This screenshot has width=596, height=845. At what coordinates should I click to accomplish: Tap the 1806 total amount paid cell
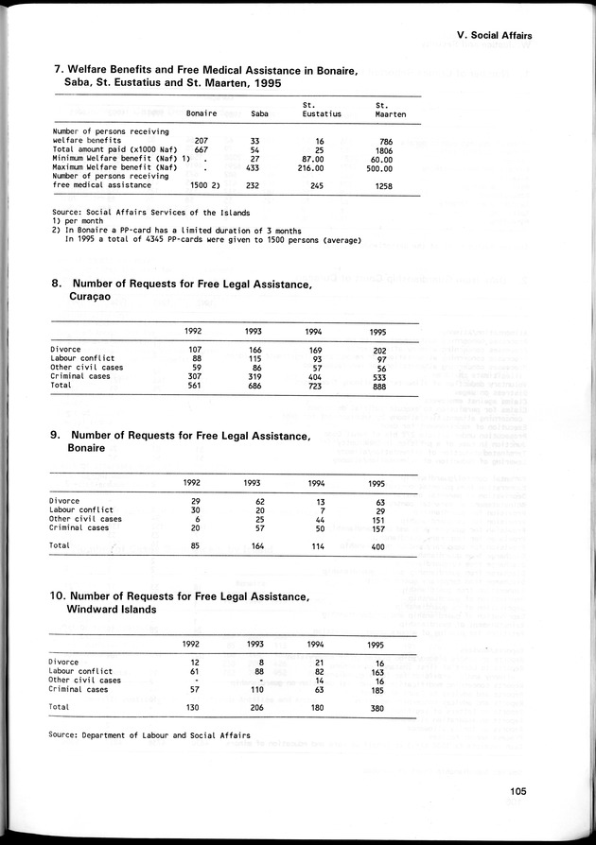coord(383,149)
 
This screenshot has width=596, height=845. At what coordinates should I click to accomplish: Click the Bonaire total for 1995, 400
coord(377,545)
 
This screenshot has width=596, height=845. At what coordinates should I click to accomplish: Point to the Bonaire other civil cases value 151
coord(377,519)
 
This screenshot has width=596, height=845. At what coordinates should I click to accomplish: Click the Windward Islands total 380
coord(377,707)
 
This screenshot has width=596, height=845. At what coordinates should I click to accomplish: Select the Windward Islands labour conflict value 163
coord(377,671)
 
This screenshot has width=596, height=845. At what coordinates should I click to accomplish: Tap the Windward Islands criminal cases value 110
coord(253,689)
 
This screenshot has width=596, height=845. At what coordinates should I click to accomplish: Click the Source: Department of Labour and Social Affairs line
coord(151,733)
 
